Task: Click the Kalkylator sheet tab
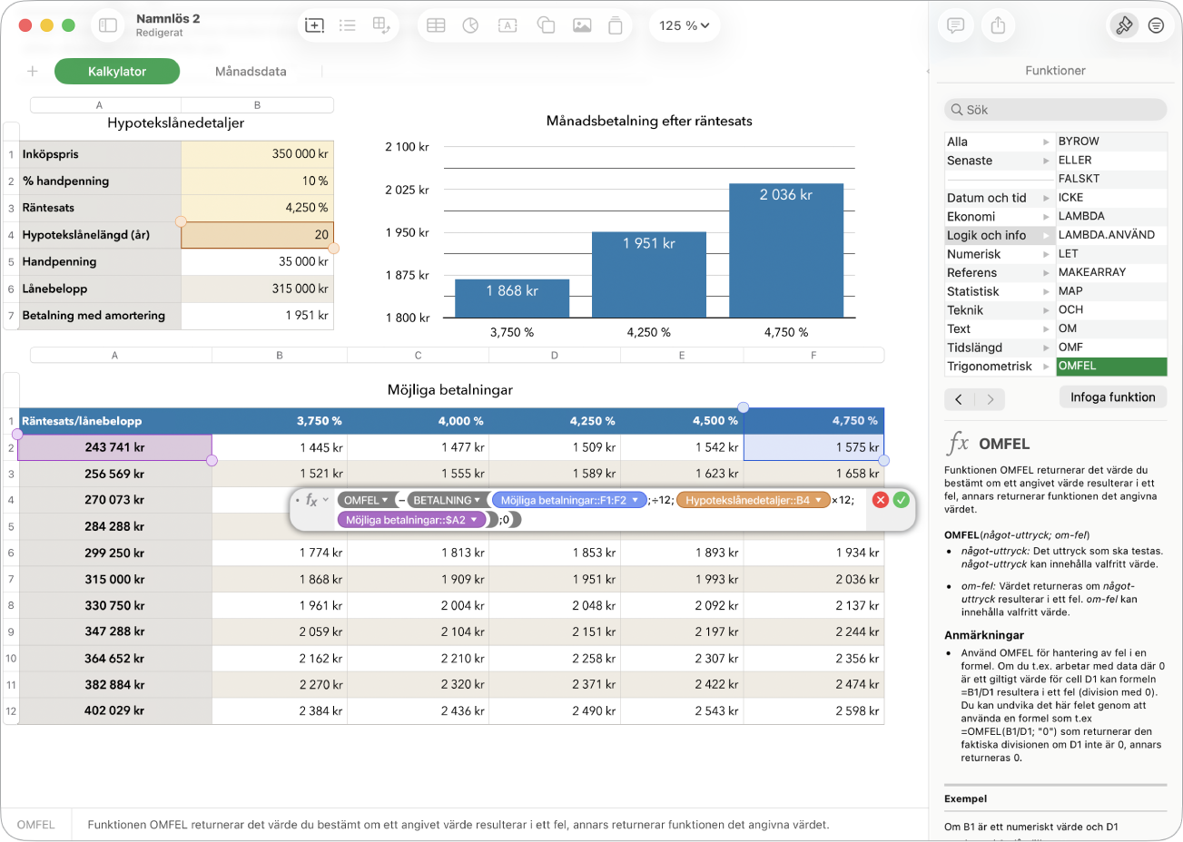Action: pyautogui.click(x=117, y=72)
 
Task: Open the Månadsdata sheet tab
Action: pyautogui.click(x=251, y=72)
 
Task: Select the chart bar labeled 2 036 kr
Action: pyautogui.click(x=786, y=250)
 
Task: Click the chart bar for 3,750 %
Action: pyautogui.click(x=512, y=299)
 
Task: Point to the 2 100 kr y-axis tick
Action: pyautogui.click(x=407, y=147)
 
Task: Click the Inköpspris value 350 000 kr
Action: pyautogui.click(x=300, y=153)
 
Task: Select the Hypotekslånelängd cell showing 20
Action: pyautogui.click(x=257, y=234)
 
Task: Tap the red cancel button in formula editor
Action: pyautogui.click(x=881, y=500)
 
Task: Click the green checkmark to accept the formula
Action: pyautogui.click(x=901, y=500)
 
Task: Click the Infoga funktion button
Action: pyautogui.click(x=1113, y=397)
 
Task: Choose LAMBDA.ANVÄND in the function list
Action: pyautogui.click(x=1107, y=234)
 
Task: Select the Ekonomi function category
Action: pyautogui.click(x=971, y=217)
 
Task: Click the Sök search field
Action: pyautogui.click(x=1055, y=110)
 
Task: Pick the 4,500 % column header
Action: pyautogui.click(x=715, y=421)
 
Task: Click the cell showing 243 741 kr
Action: pyautogui.click(x=114, y=447)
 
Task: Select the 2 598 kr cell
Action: pyautogui.click(x=857, y=710)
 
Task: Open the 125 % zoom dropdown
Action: pyautogui.click(x=684, y=25)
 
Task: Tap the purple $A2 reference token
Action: pyautogui.click(x=411, y=520)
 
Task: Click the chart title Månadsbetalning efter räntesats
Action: pyautogui.click(x=649, y=121)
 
